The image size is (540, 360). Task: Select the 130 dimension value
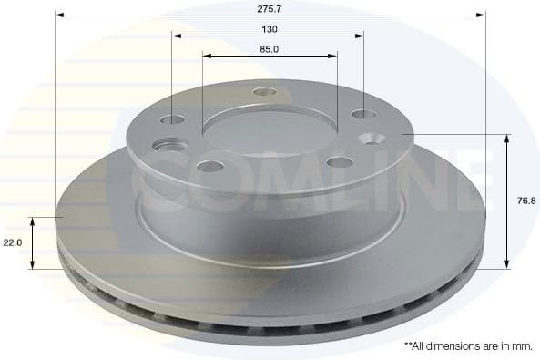coord(269,28)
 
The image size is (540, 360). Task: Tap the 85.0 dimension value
coord(269,49)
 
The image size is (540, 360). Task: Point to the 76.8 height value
coord(525,201)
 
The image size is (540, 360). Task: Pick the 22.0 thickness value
coord(13,243)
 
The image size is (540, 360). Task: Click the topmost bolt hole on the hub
coord(265,91)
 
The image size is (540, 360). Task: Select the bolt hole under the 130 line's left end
coord(172,119)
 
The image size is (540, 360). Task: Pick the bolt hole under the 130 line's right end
coord(362,115)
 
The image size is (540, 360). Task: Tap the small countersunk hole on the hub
coord(372,139)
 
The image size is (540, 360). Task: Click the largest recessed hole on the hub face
coord(167,146)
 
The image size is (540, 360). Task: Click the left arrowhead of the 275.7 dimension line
coord(59,15)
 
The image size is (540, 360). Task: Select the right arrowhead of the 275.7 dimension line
coord(482,15)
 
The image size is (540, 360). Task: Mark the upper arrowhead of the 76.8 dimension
coord(507,138)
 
